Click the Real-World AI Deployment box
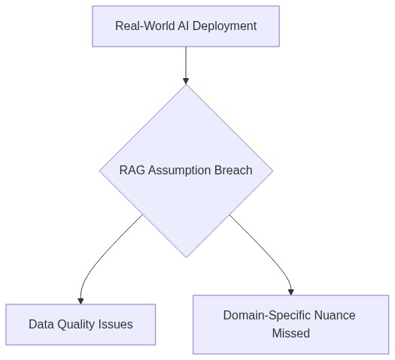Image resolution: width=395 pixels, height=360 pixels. point(186,26)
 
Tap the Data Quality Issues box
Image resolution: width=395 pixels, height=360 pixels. point(81,325)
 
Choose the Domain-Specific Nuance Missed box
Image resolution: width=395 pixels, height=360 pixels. point(290,324)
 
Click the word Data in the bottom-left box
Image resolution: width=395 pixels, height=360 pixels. point(41,325)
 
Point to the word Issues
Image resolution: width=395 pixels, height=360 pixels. point(117,325)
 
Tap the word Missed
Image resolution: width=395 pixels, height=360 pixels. point(290,333)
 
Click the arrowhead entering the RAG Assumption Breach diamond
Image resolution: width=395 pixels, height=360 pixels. point(186,80)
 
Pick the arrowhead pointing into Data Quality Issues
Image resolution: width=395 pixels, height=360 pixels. point(81,300)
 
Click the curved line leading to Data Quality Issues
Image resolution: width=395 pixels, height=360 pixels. point(98,256)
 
